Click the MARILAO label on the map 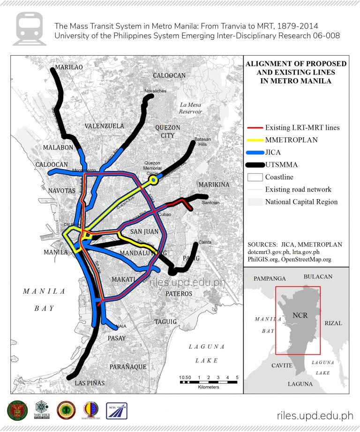[69, 67]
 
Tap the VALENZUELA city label [104, 126]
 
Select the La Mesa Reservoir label [190, 108]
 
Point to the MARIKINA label [214, 185]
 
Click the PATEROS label [179, 293]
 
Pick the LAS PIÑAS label [90, 383]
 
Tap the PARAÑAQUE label [128, 366]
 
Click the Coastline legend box [255, 177]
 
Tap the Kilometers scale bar [209, 382]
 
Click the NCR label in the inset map [300, 315]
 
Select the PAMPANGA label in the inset [270, 278]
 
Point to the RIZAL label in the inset [333, 323]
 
